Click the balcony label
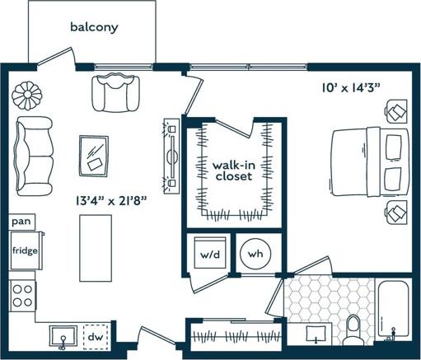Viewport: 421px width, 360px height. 93,27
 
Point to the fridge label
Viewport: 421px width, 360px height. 23,250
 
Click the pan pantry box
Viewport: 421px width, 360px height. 21,222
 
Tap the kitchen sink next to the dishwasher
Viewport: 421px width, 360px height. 61,336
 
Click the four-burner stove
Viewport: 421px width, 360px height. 22,296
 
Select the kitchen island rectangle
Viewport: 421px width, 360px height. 94,246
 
